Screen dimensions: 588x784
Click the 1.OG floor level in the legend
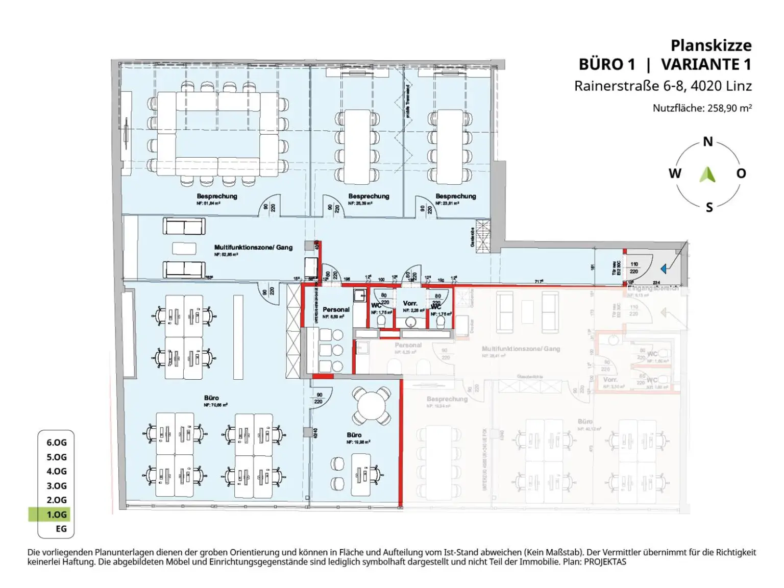pyautogui.click(x=56, y=514)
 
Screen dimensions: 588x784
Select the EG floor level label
pyautogui.click(x=61, y=529)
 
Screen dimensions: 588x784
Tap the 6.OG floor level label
pyautogui.click(x=56, y=443)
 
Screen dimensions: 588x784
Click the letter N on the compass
pyautogui.click(x=707, y=142)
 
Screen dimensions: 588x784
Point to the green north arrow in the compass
pyautogui.click(x=707, y=175)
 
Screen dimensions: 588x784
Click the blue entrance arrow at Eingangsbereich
pyautogui.click(x=664, y=268)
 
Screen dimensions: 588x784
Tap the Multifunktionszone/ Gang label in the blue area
pyautogui.click(x=253, y=248)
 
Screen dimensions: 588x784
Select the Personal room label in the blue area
pyautogui.click(x=336, y=310)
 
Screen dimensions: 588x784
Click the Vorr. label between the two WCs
pyautogui.click(x=410, y=303)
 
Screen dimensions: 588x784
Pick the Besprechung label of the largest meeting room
pyautogui.click(x=217, y=196)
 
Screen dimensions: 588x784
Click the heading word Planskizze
pyautogui.click(x=710, y=45)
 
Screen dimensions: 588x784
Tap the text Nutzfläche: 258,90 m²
pyautogui.click(x=702, y=108)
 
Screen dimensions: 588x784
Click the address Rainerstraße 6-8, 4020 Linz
pyautogui.click(x=663, y=86)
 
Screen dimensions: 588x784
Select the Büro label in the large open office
pyautogui.click(x=211, y=398)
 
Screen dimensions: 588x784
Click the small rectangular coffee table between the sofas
pyautogui.click(x=184, y=248)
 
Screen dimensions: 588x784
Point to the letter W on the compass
pyautogui.click(x=675, y=174)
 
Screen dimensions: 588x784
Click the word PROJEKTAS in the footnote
pyautogui.click(x=605, y=562)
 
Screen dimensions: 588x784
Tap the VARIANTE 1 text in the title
pyautogui.click(x=706, y=65)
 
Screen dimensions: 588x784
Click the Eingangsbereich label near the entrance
pyautogui.click(x=653, y=288)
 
